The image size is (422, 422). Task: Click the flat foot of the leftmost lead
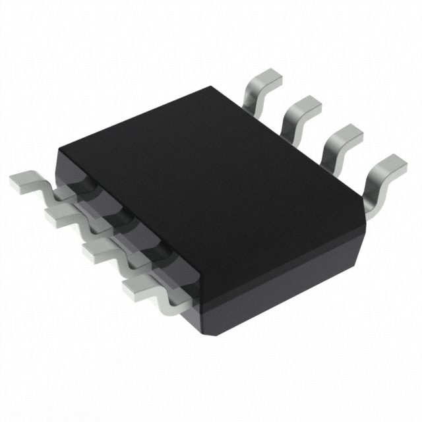[x=22, y=179]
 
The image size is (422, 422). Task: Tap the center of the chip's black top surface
[x=211, y=171]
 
